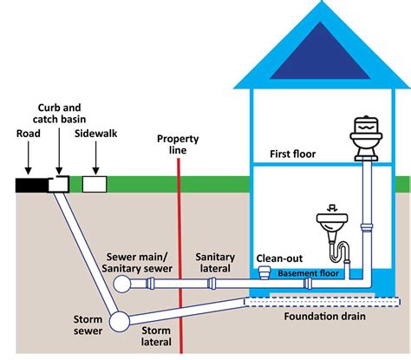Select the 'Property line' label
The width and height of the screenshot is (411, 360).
click(x=179, y=144)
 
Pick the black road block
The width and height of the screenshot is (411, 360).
click(x=31, y=183)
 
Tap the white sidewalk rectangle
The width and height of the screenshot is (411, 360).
click(x=94, y=183)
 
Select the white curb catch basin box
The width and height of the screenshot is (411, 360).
click(x=62, y=183)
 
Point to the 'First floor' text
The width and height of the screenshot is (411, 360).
click(x=291, y=154)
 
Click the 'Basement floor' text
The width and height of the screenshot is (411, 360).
click(x=310, y=273)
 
